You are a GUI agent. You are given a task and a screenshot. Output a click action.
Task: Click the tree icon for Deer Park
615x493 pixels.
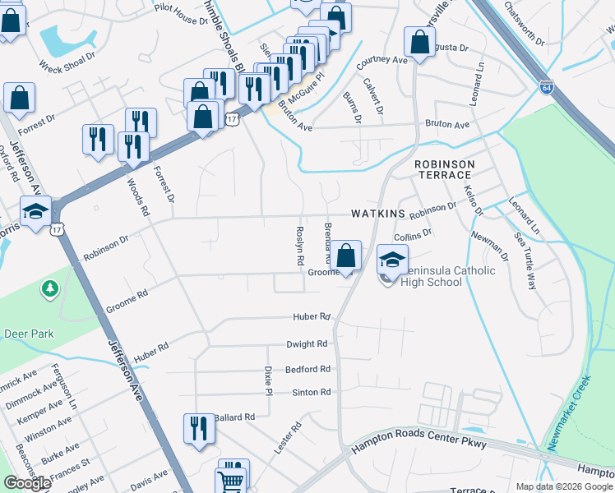[x=51, y=288]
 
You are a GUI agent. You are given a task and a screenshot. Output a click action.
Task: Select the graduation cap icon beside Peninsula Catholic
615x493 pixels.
[x=392, y=260]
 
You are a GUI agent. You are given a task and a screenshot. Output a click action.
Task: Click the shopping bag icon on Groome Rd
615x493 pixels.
[x=346, y=256]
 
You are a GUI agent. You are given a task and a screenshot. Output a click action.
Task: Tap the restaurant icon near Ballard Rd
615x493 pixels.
[x=198, y=429]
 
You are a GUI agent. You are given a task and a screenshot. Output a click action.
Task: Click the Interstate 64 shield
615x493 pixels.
[x=547, y=86]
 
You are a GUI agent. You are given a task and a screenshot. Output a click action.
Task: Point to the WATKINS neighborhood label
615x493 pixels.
[x=378, y=214]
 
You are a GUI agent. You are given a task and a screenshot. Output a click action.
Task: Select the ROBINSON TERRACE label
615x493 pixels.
[x=444, y=169]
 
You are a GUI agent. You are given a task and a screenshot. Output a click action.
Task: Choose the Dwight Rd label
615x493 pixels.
[x=307, y=344]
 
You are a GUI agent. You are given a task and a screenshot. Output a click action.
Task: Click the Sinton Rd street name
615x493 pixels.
[x=311, y=393]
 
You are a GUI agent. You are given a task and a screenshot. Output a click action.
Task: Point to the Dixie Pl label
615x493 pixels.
[x=268, y=380]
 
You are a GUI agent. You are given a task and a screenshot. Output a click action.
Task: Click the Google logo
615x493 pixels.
[x=26, y=483]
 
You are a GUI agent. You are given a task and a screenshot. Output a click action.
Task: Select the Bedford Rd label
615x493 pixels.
[x=307, y=370]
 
